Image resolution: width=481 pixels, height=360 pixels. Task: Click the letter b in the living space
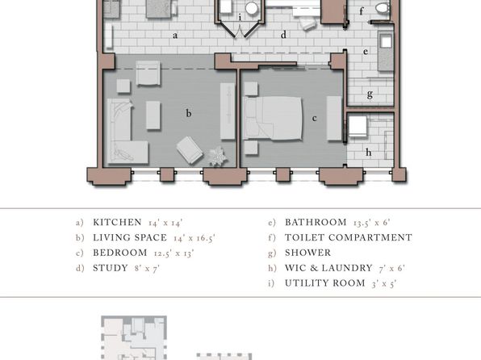click(189, 114)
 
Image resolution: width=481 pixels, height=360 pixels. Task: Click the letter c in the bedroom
click(314, 119)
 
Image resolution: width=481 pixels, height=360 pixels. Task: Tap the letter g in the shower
click(370, 94)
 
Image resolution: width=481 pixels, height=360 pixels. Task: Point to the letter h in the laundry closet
click(369, 152)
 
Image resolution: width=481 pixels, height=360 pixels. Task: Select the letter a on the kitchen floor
click(175, 36)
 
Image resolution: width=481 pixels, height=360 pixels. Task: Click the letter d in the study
click(283, 35)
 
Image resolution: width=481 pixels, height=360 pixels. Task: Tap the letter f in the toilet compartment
click(362, 11)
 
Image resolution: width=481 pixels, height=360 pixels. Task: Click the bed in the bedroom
click(272, 118)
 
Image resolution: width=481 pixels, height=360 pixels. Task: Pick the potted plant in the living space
click(217, 157)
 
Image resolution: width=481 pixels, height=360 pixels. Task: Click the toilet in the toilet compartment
click(383, 8)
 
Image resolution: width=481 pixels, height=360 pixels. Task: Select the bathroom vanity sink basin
click(386, 41)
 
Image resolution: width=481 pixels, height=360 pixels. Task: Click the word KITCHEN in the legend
click(117, 222)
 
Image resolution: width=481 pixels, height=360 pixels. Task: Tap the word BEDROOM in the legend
click(120, 253)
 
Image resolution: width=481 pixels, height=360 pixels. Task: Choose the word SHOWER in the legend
click(308, 253)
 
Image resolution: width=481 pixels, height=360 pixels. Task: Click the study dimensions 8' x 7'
click(147, 268)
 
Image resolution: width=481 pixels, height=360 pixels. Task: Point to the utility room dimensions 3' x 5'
click(384, 283)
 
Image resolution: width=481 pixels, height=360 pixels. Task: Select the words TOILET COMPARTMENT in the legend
click(349, 237)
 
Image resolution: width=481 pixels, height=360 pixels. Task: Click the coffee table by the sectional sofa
click(153, 115)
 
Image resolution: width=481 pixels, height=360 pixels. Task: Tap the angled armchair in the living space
click(190, 150)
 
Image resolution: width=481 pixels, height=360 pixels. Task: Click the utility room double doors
click(240, 31)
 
